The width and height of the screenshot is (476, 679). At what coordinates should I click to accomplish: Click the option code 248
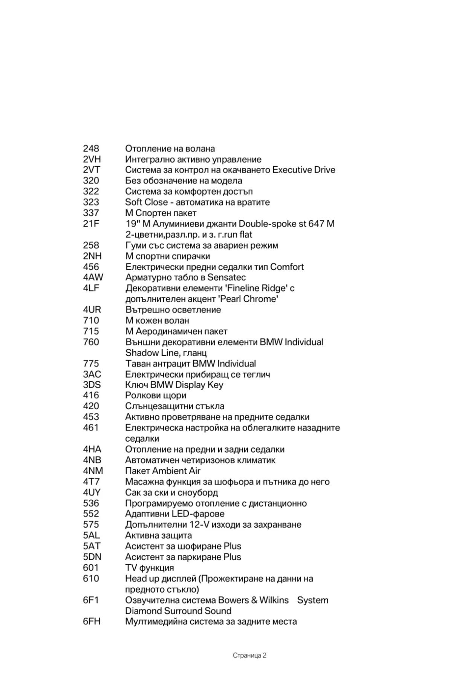tap(91, 149)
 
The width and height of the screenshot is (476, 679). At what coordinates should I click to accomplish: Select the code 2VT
tap(92, 170)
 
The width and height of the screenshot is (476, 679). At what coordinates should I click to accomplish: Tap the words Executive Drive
tap(303, 170)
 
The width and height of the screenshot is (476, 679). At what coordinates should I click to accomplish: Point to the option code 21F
tap(91, 224)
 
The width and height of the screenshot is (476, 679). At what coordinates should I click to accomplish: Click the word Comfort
tap(287, 267)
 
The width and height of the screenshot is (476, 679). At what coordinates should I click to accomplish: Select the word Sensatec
tap(227, 278)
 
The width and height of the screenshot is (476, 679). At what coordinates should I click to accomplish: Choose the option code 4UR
tap(92, 310)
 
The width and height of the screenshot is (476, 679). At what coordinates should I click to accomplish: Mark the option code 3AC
tap(92, 375)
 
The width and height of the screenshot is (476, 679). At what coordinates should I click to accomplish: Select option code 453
tap(91, 417)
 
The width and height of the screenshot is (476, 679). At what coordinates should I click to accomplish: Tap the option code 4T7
tap(91, 482)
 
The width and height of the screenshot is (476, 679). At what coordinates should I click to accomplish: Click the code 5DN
tap(92, 557)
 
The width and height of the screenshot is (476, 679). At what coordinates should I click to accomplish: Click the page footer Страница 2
tap(249, 656)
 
